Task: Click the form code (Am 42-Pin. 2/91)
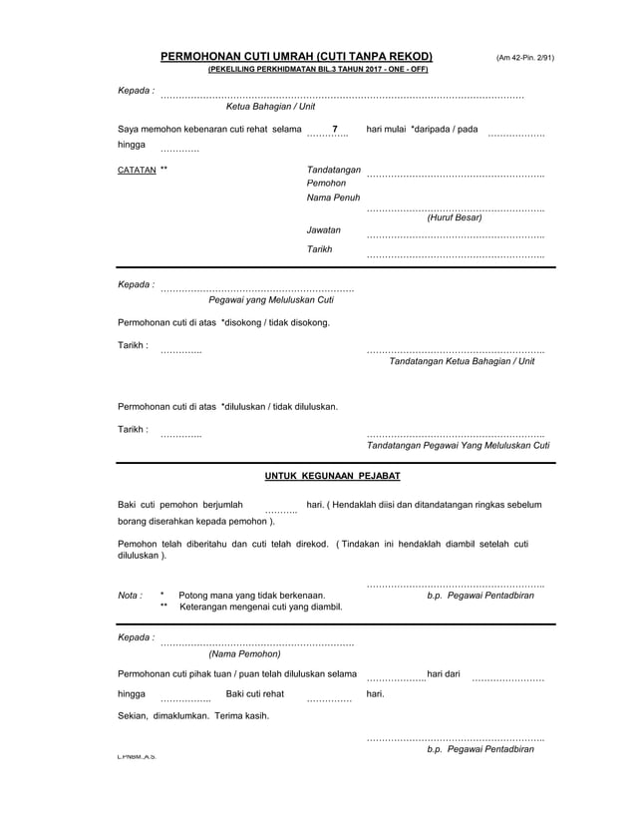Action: tap(525, 58)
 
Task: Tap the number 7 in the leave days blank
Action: tap(335, 131)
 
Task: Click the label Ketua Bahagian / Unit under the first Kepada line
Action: tap(270, 106)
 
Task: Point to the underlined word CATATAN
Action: tap(137, 170)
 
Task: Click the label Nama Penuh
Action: tap(333, 200)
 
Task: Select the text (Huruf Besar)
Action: tap(454, 216)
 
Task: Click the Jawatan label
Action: tap(324, 230)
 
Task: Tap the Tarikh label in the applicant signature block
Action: tap(320, 248)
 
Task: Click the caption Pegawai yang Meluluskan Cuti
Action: tap(270, 299)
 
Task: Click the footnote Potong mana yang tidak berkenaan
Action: tap(251, 596)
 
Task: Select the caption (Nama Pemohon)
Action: tap(244, 654)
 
